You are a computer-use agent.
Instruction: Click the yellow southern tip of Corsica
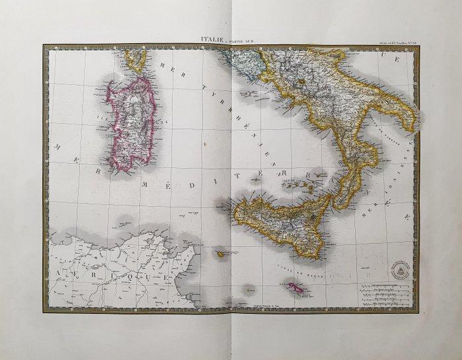137,61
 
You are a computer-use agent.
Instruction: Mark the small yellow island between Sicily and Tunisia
218,254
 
